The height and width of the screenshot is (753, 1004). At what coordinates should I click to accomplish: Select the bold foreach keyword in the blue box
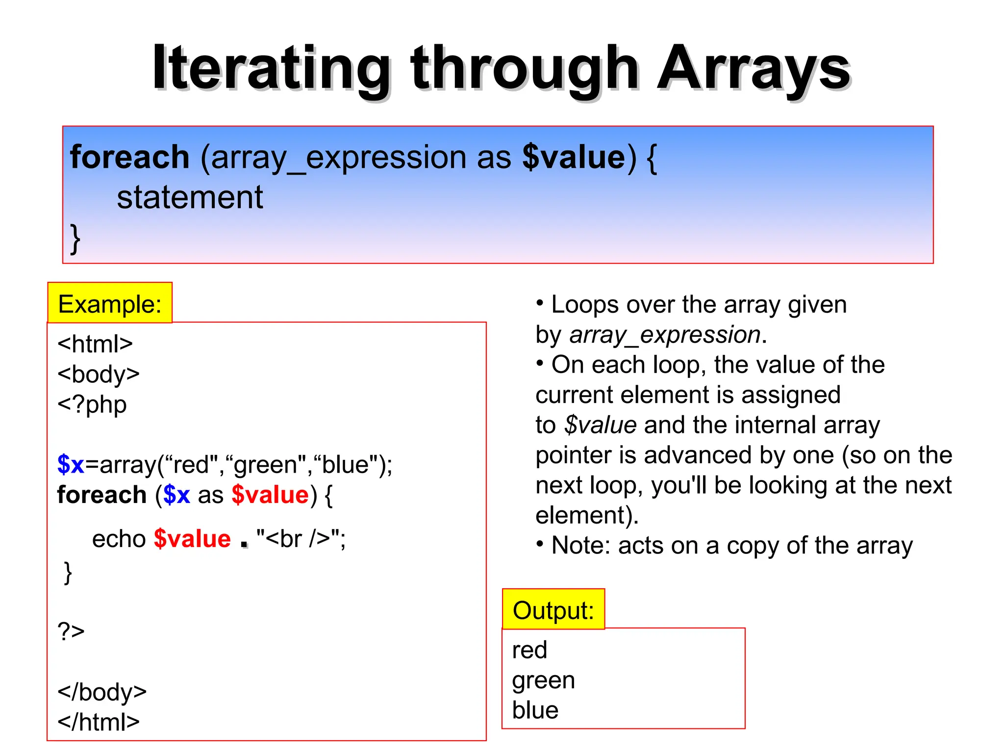129,157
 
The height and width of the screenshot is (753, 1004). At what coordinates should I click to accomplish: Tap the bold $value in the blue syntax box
574,157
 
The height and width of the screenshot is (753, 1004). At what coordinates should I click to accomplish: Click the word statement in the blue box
190,198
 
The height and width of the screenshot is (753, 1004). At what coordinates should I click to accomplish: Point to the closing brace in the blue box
75,239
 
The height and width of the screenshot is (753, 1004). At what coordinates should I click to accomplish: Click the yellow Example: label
110,304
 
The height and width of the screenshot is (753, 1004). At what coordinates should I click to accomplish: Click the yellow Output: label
553,610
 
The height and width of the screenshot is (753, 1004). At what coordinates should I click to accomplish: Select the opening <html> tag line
95,344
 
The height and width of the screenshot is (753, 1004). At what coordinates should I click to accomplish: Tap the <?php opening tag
92,404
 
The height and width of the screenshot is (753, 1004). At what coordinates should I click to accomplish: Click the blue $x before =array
71,464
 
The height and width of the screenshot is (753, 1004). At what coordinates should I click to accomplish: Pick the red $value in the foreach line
270,495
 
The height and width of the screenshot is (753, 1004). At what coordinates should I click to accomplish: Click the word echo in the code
119,539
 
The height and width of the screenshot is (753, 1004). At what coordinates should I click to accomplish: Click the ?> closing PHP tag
71,631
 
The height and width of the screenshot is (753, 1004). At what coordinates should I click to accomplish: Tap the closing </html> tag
99,722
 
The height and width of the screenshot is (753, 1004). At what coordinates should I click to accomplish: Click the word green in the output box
543,680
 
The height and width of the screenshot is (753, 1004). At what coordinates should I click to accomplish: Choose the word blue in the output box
535,710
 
